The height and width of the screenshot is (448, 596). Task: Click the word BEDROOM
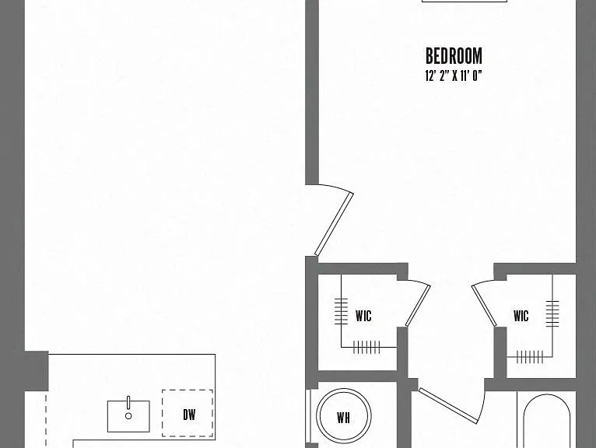(454, 56)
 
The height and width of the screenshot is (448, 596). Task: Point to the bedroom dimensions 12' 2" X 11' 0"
(454, 76)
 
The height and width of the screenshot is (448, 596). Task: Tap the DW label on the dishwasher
(189, 415)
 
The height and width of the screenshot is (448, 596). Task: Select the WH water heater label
(343, 418)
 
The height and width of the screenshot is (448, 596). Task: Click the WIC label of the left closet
(363, 316)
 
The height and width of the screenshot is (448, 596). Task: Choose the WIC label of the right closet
(521, 316)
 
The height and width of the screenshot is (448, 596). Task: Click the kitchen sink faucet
(128, 402)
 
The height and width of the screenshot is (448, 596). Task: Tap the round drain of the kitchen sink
(128, 416)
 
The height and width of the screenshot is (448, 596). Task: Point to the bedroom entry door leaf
(334, 224)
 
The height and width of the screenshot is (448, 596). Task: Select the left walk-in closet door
(418, 306)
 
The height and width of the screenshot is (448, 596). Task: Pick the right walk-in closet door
(484, 306)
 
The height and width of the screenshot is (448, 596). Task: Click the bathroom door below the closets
(448, 405)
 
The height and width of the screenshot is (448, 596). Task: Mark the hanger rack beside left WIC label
(341, 311)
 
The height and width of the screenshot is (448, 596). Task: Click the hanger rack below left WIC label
(366, 347)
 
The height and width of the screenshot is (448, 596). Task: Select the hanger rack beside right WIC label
(552, 313)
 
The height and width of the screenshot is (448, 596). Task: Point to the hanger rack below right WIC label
(530, 357)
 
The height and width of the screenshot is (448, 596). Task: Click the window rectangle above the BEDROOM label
(465, 1)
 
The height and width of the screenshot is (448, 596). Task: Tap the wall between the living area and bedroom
(312, 93)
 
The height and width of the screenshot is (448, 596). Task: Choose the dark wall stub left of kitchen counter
(37, 371)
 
